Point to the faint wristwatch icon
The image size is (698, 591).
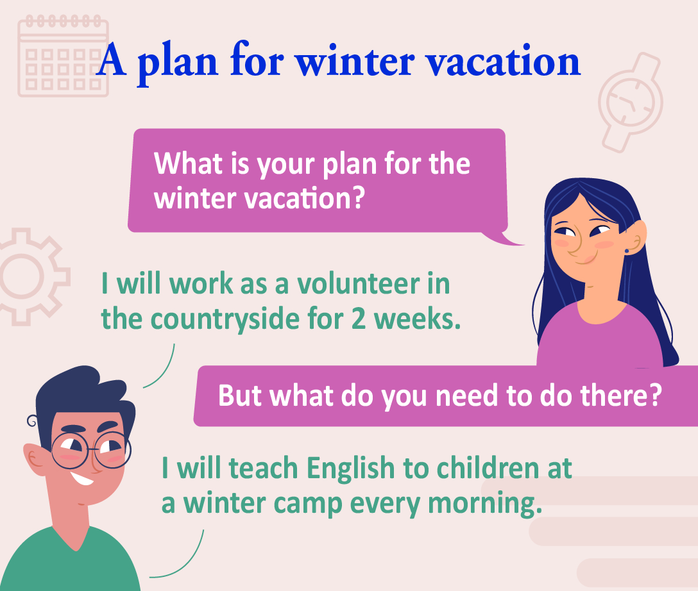pyautogui.click(x=631, y=103)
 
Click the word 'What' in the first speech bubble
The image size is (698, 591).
pyautogui.click(x=189, y=163)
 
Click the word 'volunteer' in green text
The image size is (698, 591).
pyautogui.click(x=359, y=283)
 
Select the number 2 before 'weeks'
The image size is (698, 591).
pyautogui.click(x=359, y=319)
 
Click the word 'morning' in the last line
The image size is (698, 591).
pyautogui.click(x=485, y=504)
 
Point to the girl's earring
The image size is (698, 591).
pyautogui.click(x=627, y=251)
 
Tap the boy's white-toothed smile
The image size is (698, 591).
pyautogui.click(x=81, y=478)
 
